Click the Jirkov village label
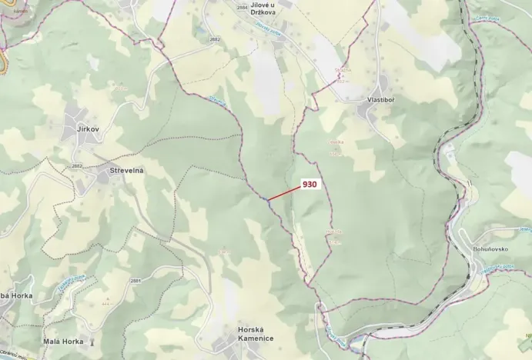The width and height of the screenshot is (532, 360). tap(87, 130)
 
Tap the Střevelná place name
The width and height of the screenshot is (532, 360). tap(127, 170)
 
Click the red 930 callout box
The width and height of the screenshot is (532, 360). tap(310, 185)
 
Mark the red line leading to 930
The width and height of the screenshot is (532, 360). tap(284, 193)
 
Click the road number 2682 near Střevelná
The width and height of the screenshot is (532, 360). tap(76, 166)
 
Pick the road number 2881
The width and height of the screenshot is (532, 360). tap(136, 281)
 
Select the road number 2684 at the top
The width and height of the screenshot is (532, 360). tap(243, 7)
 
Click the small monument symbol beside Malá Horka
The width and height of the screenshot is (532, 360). tap(92, 342)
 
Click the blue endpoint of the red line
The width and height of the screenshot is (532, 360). tap(267, 201)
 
